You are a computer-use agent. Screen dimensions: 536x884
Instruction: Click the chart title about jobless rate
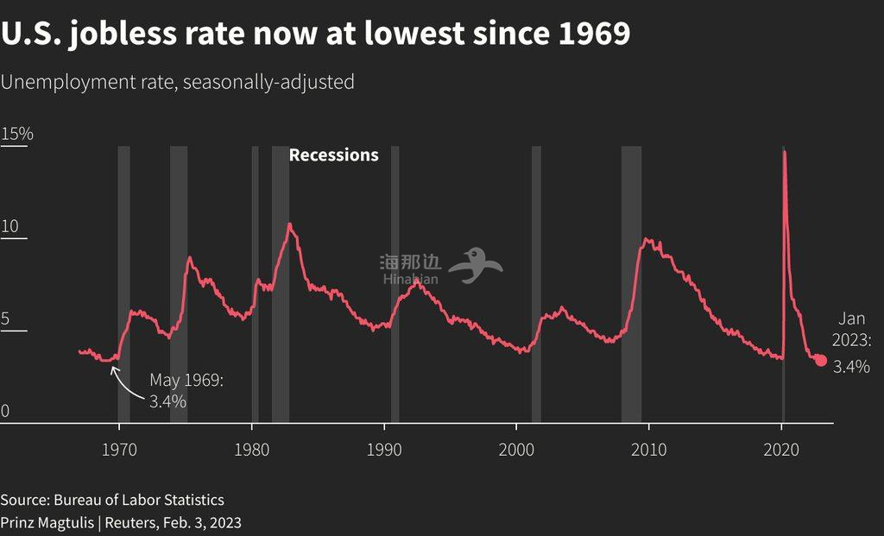315,35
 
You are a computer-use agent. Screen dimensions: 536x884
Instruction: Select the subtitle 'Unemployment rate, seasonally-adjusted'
178,82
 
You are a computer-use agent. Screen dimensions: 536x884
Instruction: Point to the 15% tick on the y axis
17,134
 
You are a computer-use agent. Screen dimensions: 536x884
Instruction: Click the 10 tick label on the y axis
10,226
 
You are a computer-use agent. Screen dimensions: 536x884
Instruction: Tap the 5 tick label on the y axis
6,318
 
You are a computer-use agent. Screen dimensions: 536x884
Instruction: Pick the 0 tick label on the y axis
5,411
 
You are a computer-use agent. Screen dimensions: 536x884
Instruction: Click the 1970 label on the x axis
119,449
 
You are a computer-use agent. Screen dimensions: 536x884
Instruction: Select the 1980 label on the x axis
252,449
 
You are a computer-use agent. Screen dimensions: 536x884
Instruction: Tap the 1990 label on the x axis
384,449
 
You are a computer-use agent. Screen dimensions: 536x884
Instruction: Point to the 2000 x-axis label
517,449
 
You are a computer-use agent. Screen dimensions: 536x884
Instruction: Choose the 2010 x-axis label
649,449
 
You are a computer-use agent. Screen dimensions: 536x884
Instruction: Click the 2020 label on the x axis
782,449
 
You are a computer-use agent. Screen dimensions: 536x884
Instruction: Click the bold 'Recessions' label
333,155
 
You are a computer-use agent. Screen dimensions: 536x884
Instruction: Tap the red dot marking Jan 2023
820,361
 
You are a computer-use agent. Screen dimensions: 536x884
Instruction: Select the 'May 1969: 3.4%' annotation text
186,390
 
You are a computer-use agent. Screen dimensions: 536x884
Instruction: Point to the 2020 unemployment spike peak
784,152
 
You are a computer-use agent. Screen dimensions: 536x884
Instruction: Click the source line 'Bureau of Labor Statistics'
112,500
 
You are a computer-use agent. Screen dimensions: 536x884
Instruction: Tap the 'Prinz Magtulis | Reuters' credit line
121,522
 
